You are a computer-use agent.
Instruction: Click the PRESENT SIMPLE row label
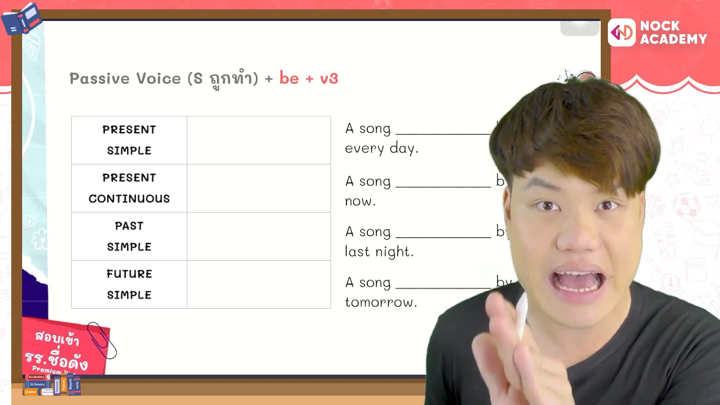pyautogui.click(x=129, y=140)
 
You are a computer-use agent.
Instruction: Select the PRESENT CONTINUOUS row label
pyautogui.click(x=129, y=188)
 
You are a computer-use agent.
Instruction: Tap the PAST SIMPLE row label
pyautogui.click(x=129, y=236)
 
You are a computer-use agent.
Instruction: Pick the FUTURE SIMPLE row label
pyautogui.click(x=129, y=284)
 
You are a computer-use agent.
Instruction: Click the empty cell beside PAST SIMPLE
pyautogui.click(x=259, y=236)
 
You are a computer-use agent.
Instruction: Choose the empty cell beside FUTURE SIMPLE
pyautogui.click(x=259, y=284)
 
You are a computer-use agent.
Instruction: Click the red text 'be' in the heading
pyautogui.click(x=289, y=78)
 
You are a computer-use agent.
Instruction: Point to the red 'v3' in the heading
pyautogui.click(x=329, y=79)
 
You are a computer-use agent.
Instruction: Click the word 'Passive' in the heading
pyautogui.click(x=99, y=79)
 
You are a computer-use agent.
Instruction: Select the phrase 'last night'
pyautogui.click(x=379, y=252)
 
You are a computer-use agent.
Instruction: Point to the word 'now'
pyautogui.click(x=359, y=201)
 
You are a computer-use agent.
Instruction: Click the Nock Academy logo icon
pyautogui.click(x=621, y=33)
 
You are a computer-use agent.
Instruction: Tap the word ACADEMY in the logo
pyautogui.click(x=673, y=39)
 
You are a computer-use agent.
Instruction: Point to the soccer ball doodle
pyautogui.click(x=686, y=206)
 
